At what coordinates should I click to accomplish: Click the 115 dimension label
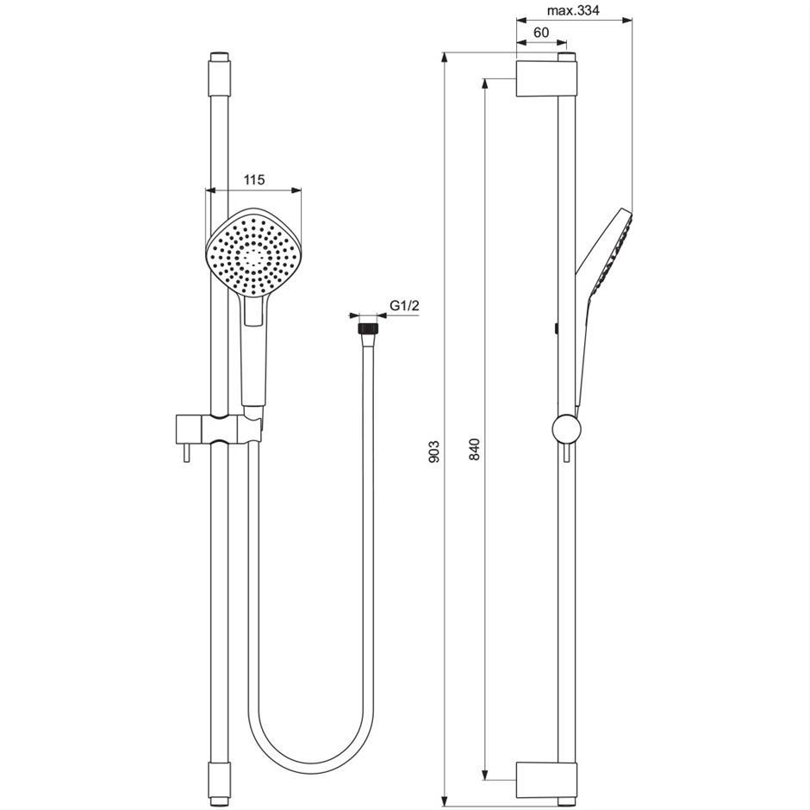point(254,180)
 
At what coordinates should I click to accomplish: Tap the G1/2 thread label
point(404,306)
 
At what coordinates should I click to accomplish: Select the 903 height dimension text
point(434,451)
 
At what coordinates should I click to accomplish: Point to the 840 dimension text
point(476,449)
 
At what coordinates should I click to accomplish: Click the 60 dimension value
point(541,33)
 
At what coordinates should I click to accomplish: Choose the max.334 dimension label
point(573,10)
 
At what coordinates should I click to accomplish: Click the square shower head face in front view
point(253,253)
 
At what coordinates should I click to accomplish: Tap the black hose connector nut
point(367,328)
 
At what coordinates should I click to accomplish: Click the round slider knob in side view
point(567,429)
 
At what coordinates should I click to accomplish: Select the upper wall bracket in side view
point(546,79)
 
